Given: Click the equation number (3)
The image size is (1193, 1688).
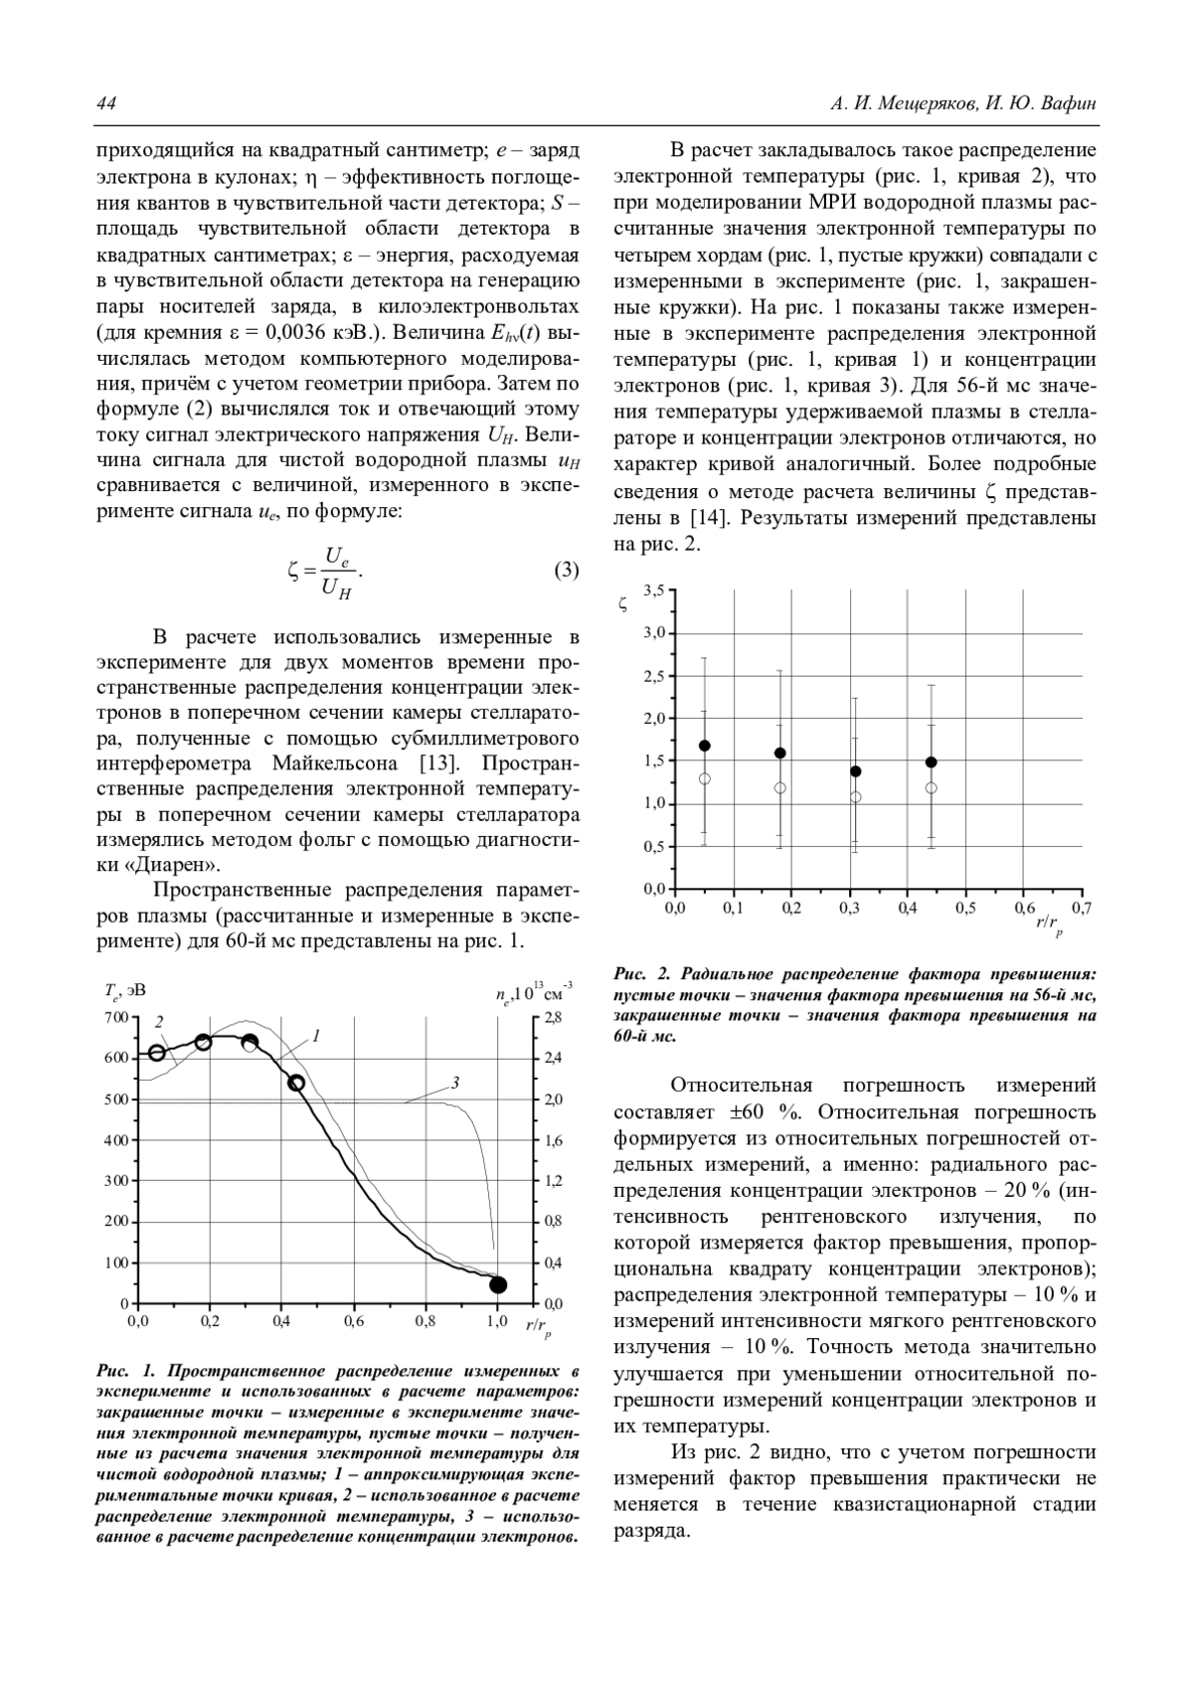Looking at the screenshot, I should tap(566, 571).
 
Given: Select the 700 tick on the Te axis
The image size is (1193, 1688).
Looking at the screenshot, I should tap(117, 1017).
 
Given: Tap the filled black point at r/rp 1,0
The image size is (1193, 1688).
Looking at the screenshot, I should tap(498, 1285).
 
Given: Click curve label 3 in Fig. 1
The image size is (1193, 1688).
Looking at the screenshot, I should tap(454, 1083).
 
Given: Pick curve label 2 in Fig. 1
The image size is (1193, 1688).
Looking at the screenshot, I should tap(159, 1022).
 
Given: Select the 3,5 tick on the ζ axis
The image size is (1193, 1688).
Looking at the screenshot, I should tap(653, 591).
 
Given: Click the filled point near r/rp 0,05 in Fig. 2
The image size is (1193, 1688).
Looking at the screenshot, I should tap(705, 746).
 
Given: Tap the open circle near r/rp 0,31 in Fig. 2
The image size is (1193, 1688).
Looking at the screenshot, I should tap(855, 797).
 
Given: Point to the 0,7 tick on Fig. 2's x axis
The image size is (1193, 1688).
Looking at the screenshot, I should tap(1082, 908).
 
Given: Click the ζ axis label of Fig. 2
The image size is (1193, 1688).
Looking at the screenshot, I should tap(622, 601).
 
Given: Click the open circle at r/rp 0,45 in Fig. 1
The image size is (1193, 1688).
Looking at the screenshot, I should tap(296, 1083).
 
